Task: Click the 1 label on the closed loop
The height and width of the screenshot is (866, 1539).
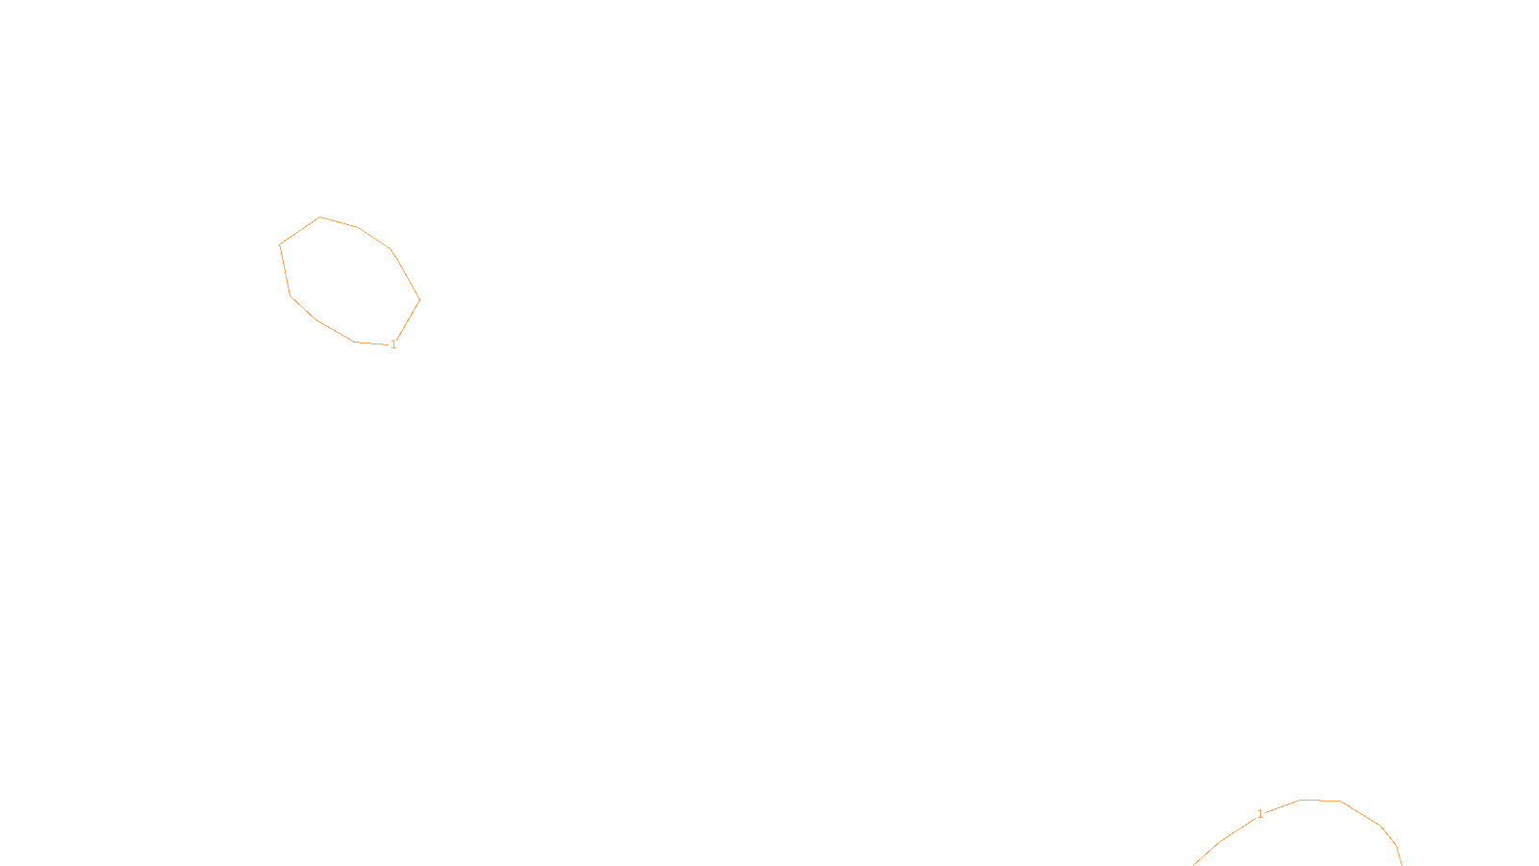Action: (x=393, y=344)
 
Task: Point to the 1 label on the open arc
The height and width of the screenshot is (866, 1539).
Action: (x=1260, y=814)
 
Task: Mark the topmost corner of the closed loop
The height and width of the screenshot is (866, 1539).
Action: (x=320, y=217)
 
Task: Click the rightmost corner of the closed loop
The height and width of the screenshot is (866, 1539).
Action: (x=419, y=299)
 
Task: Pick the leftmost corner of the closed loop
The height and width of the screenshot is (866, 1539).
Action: (x=280, y=244)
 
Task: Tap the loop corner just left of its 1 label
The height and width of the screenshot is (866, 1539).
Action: (x=355, y=342)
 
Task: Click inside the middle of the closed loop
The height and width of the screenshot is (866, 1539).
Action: (x=349, y=280)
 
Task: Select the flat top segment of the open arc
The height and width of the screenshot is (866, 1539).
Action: (x=1320, y=800)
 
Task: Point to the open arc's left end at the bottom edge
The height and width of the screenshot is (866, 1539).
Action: (x=1195, y=864)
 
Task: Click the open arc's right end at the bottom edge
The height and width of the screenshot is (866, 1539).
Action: (x=1401, y=864)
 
